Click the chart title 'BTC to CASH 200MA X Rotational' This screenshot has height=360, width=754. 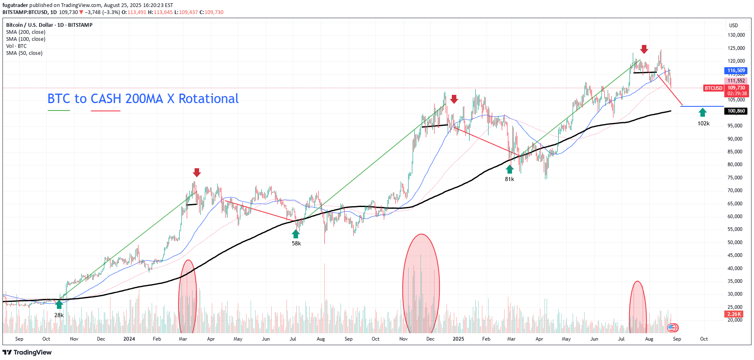coord(143,99)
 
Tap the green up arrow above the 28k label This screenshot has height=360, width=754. coord(59,304)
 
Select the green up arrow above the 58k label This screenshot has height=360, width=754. coord(296,234)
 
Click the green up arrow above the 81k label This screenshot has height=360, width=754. coord(510,169)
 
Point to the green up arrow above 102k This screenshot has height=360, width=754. coord(702,112)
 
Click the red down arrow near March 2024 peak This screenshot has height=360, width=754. coord(197,172)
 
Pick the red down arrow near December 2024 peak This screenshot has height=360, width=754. coord(454,99)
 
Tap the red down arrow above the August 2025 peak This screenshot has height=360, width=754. coord(644,49)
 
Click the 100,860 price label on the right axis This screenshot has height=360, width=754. coord(736,111)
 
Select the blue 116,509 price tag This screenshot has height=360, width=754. coord(736,71)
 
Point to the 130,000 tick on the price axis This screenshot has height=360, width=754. coord(736,35)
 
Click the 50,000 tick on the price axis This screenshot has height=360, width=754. coord(735,242)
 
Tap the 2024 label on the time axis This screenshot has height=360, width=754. coord(129,339)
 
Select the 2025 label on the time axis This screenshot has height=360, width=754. coord(458,339)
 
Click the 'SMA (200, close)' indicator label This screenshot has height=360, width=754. coord(26,32)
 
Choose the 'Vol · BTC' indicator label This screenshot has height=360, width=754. coord(16,46)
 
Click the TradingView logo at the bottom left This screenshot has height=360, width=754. coord(27,352)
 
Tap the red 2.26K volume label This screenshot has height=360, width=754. coord(734,314)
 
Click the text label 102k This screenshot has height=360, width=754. coord(703,123)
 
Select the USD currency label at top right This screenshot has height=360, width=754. coord(733,26)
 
